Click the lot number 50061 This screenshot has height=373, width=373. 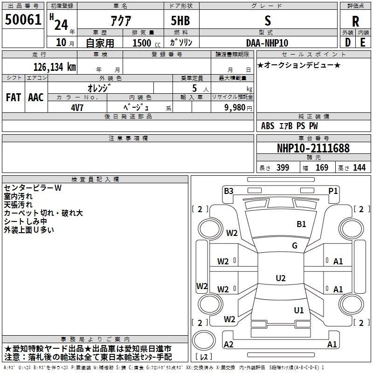(23, 20)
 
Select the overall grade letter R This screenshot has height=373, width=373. (355, 21)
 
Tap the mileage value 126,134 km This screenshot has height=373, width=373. (55, 67)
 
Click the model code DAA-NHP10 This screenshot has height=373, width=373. (267, 43)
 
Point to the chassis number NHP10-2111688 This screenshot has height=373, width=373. (313, 148)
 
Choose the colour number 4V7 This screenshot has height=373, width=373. (77, 108)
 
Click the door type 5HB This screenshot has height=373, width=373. (180, 21)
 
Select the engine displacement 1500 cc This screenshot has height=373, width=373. (146, 43)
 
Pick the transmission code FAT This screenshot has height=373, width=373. (14, 97)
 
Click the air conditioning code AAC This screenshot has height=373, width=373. (36, 97)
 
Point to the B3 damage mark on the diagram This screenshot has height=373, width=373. (228, 191)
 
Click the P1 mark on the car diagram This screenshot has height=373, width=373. (333, 191)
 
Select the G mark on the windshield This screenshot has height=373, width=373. (295, 245)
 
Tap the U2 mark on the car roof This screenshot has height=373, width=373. (281, 278)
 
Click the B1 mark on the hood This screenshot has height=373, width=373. (301, 224)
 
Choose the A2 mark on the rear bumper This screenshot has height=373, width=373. (228, 344)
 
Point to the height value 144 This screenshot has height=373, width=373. (359, 167)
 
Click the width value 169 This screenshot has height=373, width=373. (322, 167)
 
